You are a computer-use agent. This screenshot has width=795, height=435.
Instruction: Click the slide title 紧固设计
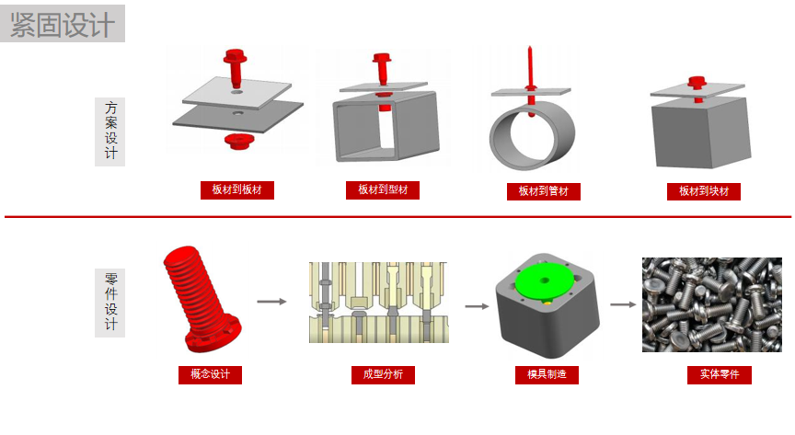pyautogui.click(x=63, y=24)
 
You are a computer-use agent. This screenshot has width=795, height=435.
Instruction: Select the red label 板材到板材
pyautogui.click(x=236, y=190)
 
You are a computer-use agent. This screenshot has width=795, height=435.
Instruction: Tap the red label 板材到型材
pyautogui.click(x=383, y=190)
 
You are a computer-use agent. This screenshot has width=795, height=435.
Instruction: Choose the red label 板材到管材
pyautogui.click(x=544, y=191)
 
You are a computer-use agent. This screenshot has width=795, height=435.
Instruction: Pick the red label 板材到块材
pyautogui.click(x=704, y=191)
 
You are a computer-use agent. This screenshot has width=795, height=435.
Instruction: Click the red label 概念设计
pyautogui.click(x=210, y=374)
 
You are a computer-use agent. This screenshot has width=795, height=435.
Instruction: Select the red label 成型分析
pyautogui.click(x=383, y=374)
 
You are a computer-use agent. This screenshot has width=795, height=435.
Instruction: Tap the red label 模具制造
pyautogui.click(x=547, y=374)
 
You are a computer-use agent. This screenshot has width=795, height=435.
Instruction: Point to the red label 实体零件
pyautogui.click(x=720, y=374)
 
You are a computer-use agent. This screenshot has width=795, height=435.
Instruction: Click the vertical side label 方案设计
pyautogui.click(x=110, y=132)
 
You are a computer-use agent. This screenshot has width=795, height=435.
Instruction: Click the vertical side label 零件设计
pyautogui.click(x=110, y=303)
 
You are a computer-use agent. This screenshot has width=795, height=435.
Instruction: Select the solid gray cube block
pyautogui.click(x=701, y=132)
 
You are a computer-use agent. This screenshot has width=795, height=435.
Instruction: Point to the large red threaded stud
pyautogui.click(x=201, y=299)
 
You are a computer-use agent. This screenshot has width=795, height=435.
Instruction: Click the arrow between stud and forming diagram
pyautogui.click(x=271, y=302)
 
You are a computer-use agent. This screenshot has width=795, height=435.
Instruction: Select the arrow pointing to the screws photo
pyautogui.click(x=623, y=304)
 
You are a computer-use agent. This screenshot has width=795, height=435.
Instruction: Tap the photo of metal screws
pyautogui.click(x=712, y=304)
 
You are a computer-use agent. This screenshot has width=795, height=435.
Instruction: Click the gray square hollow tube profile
pyautogui.click(x=386, y=127)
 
